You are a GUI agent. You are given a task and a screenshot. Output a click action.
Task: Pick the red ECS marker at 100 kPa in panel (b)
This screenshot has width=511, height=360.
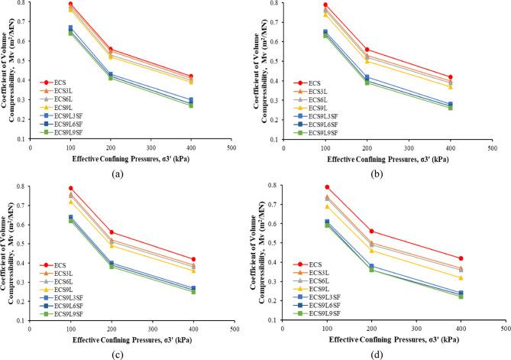pyautogui.click(x=325, y=5)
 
